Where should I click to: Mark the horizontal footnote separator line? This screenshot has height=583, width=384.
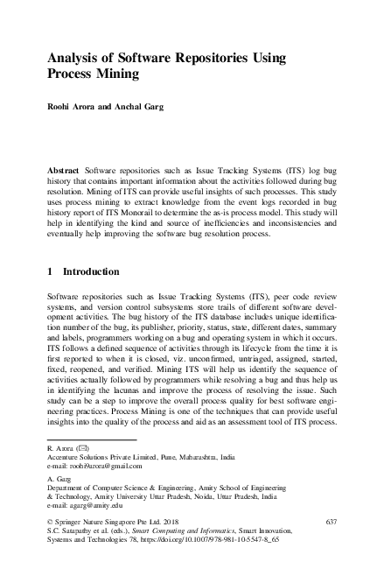coord(91,439)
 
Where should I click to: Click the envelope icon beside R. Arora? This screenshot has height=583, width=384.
coord(81,448)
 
